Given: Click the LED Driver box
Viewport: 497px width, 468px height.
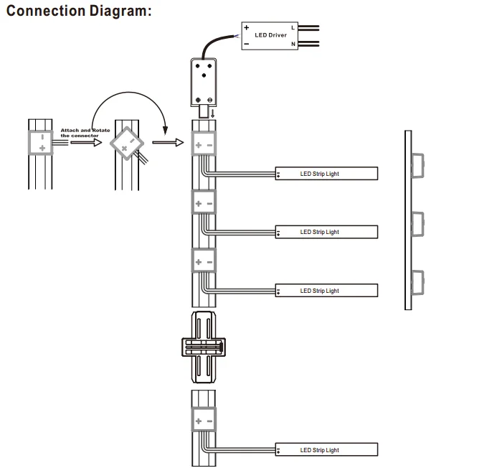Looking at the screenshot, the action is pos(270,36).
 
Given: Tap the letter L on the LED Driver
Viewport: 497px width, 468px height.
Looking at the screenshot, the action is pos(293,28).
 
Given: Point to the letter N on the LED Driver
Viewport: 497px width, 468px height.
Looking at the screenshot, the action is pos(293,44).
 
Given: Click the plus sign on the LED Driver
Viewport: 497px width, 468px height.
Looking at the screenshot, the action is pos(247,27).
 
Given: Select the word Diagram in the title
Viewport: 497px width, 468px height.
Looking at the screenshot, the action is pos(120,11).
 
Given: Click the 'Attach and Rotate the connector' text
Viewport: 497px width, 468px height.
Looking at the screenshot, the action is pos(85,133).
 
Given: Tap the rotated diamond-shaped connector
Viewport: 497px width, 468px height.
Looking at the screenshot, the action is pos(127,144).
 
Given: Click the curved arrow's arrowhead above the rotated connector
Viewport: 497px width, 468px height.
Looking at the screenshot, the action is pos(165,130).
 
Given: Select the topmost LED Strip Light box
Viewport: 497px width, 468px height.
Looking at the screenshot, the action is pos(326,174).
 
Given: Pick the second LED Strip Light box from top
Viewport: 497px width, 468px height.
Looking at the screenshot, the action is pos(326,232).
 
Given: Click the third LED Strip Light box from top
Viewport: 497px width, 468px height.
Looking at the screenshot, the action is pos(326,290).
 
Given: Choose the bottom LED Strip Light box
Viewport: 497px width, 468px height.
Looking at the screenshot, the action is pos(326,449).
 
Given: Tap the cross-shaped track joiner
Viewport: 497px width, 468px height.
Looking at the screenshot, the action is pos(204,347).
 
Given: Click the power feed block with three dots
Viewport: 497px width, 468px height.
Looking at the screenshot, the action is pos(204,82).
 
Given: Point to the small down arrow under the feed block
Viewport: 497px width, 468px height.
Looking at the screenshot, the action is pos(212,113).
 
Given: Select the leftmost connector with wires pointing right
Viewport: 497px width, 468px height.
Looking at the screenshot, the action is pos(41,143).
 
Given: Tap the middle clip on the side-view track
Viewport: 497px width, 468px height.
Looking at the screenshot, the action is pos(418,224).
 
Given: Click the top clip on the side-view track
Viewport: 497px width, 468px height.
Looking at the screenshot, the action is pos(418,166).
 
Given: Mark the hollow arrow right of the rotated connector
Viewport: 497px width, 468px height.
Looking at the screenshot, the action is pos(168,142).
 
